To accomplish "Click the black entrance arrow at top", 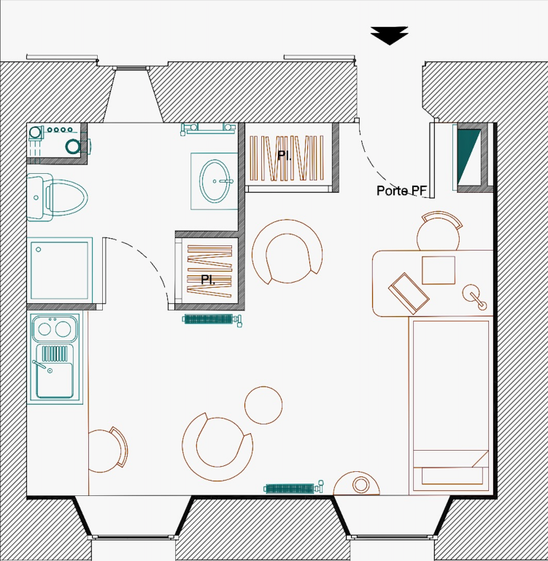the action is click(389, 35).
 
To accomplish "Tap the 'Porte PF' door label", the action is click(402, 191).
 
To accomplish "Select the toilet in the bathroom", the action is click(57, 197).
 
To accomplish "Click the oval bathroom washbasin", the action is click(215, 181).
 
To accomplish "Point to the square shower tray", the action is click(60, 270).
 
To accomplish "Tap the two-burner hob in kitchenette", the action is click(55, 328).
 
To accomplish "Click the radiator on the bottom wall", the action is click(294, 488).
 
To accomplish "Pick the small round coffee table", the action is click(263, 405).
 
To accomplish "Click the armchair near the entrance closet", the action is click(287, 251).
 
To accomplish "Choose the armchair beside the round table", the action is click(217, 446).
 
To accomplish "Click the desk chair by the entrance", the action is click(439, 231).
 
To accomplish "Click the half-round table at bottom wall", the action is click(356, 484).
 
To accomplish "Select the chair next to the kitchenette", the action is click(108, 449).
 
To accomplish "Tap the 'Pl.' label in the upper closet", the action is click(284, 156).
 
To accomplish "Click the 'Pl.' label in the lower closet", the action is click(208, 280).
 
